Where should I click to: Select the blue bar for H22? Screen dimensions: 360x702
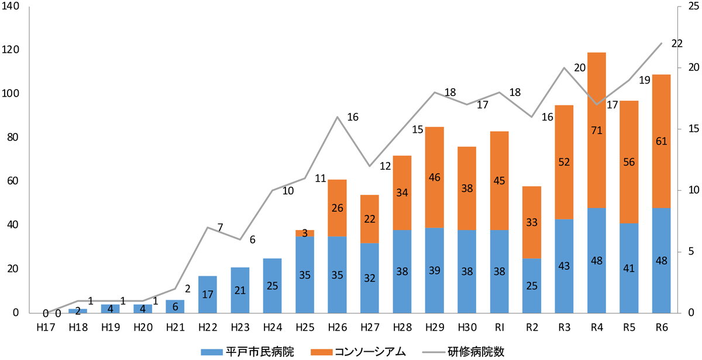[208, 294]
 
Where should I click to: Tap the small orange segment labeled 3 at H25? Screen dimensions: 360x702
[305, 233]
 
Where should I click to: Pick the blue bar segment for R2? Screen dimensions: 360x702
[532, 285]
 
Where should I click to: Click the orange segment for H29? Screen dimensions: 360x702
[434, 177]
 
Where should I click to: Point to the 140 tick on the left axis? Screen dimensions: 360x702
[12, 7]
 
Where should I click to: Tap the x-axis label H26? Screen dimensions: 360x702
[337, 326]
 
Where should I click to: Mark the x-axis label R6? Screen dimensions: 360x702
[661, 326]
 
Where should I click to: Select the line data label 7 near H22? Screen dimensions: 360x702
[220, 227]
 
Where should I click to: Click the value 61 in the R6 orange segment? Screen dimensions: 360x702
[661, 141]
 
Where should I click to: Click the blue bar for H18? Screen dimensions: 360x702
[78, 310]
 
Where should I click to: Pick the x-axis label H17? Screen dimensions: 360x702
[46, 326]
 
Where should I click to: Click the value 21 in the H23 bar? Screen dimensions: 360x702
[240, 290]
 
